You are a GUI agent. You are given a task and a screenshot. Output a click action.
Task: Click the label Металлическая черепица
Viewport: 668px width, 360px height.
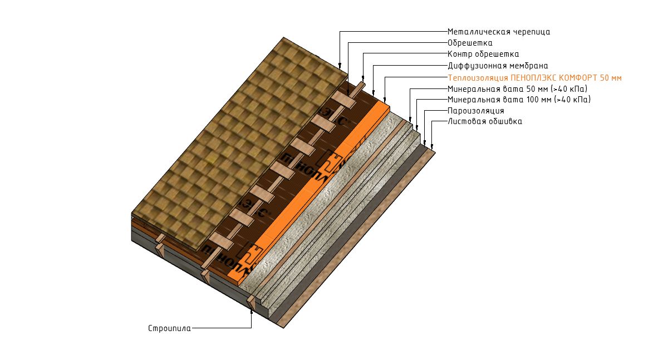point(499,32)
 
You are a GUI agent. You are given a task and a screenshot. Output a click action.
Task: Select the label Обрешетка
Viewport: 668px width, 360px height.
point(470,43)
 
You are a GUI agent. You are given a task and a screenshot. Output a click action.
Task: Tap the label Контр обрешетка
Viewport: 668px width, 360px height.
point(483,54)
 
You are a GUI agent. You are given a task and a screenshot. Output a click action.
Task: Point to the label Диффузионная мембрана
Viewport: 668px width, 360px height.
point(498,66)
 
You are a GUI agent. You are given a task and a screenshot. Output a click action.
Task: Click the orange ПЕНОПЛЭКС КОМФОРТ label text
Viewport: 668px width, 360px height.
point(535,78)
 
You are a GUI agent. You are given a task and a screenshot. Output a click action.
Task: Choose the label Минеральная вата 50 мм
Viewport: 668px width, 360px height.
point(517,89)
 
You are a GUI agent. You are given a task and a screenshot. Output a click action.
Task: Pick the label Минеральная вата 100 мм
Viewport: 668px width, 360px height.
point(519,100)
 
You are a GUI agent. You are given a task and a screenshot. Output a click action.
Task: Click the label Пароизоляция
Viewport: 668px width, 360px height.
point(476,111)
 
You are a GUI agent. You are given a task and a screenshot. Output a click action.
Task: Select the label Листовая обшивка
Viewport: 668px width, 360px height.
point(485,122)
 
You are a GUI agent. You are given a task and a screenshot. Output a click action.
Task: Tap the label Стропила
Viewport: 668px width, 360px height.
point(169,328)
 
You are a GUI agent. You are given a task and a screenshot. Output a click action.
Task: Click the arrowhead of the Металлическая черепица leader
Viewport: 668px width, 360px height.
point(340,66)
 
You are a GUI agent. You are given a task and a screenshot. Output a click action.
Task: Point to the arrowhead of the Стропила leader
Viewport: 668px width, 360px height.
point(252,312)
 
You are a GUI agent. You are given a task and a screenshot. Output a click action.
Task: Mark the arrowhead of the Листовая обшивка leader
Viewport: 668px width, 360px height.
point(432,147)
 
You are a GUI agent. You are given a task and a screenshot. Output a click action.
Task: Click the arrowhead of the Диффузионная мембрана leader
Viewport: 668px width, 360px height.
point(374,93)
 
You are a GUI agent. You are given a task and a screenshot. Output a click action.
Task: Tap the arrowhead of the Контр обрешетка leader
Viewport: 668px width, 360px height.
point(363,78)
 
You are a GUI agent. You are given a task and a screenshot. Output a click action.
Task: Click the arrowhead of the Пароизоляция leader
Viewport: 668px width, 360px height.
point(425,143)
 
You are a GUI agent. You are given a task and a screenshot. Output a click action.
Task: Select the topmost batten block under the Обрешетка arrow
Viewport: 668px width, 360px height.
point(343,100)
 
